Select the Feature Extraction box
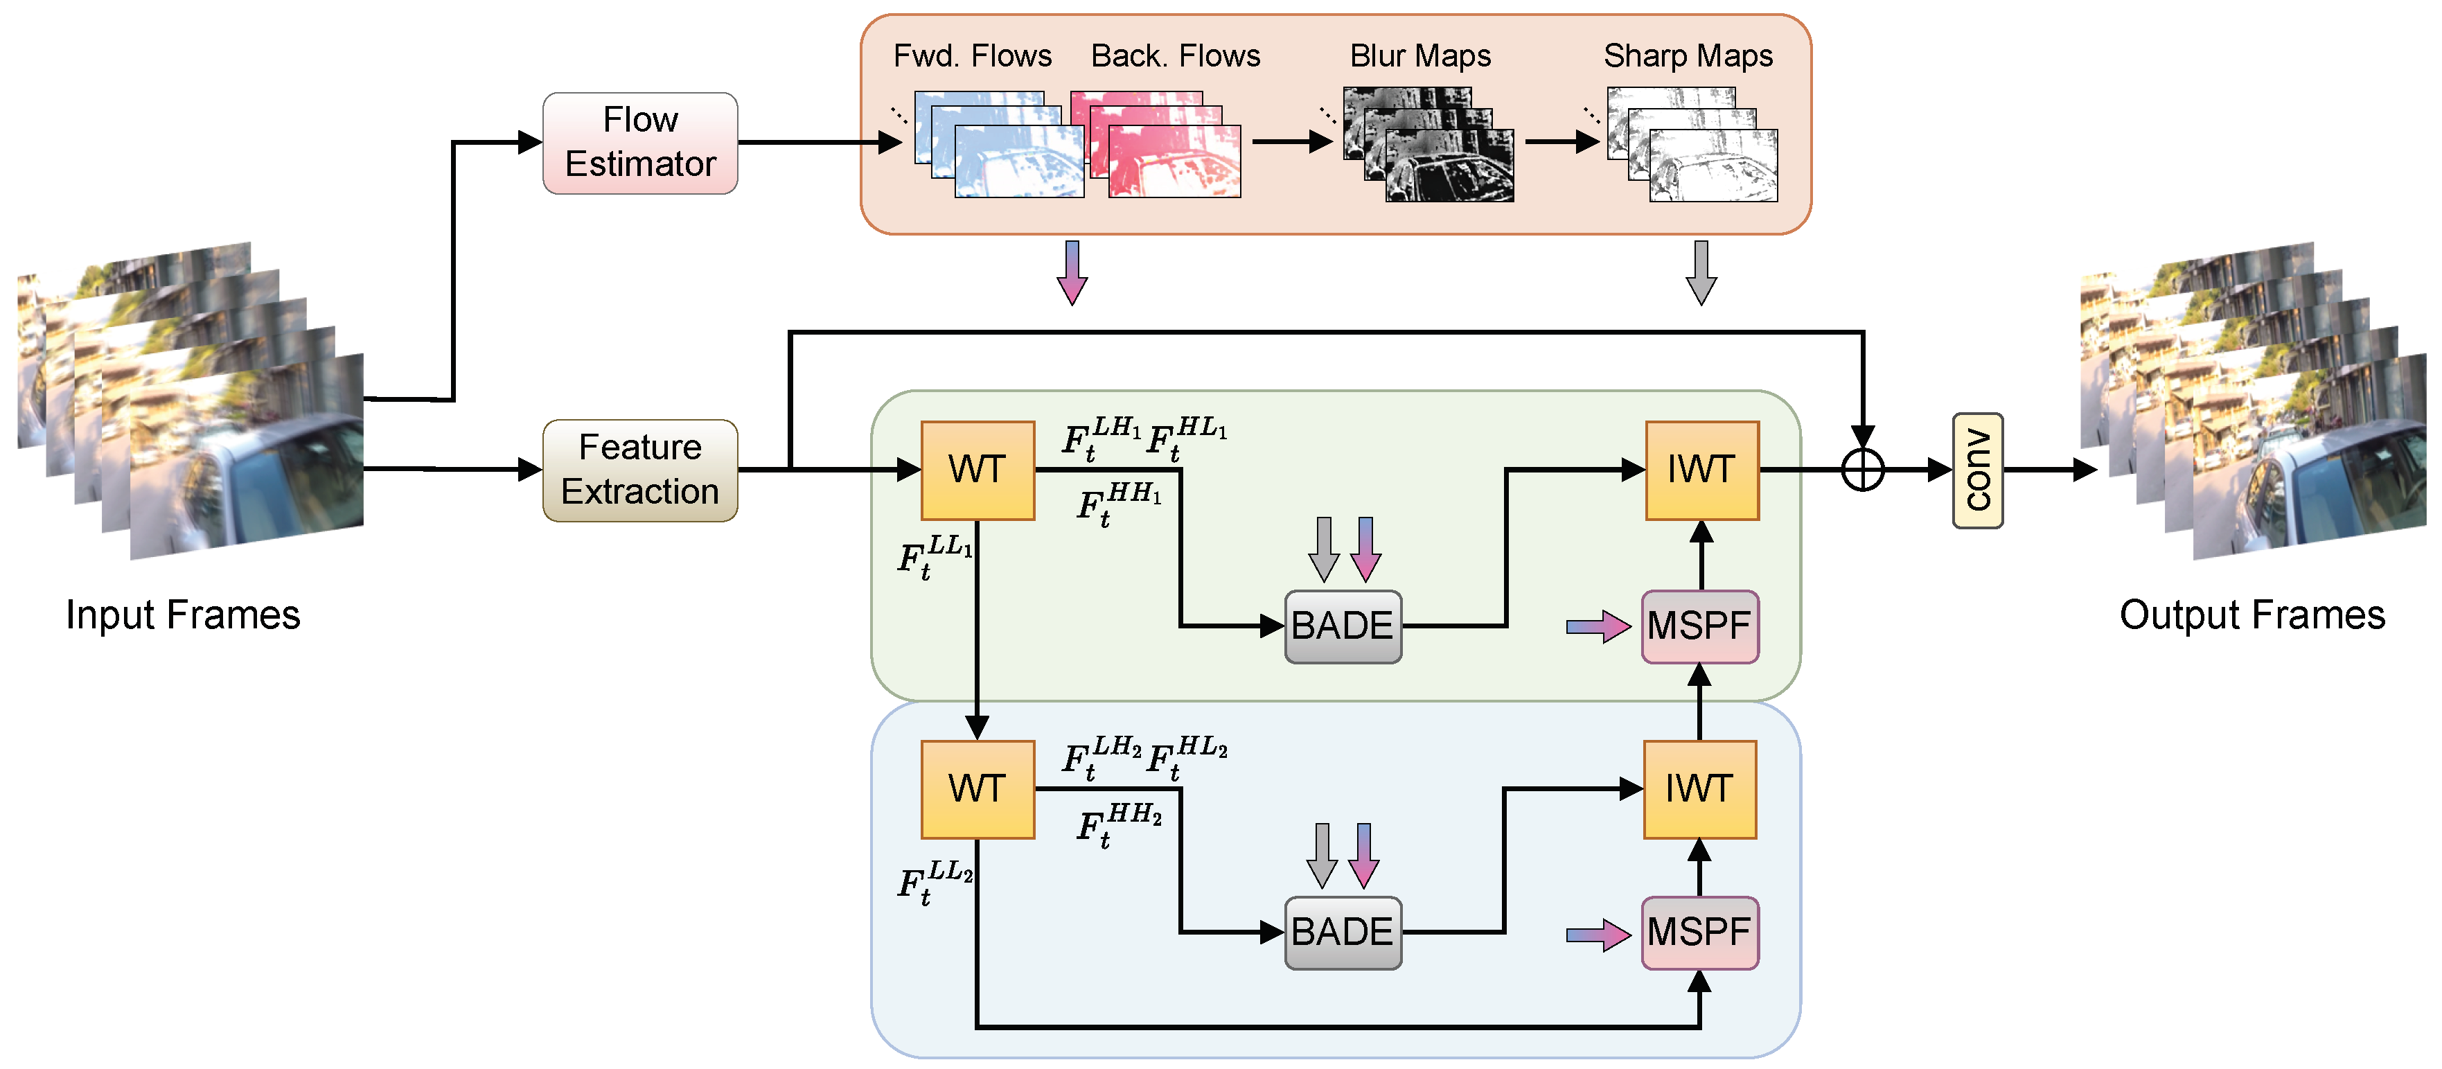(640, 470)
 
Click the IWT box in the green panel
(1701, 470)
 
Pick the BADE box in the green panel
(1343, 626)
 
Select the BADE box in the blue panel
(1343, 933)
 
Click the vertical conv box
(1977, 470)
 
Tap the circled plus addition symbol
(1862, 470)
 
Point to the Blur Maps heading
(1420, 56)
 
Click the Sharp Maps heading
(1688, 56)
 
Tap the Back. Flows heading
(1176, 56)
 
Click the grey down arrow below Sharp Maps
(1701, 272)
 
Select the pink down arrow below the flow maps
(1072, 272)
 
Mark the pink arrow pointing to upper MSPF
(1598, 626)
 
